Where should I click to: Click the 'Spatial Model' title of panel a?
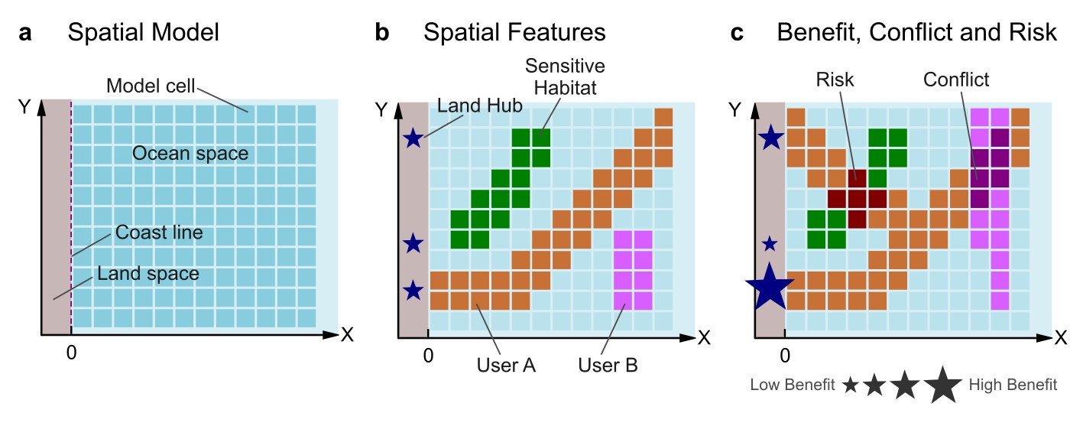pyautogui.click(x=143, y=33)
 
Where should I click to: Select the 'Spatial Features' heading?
pyautogui.click(x=514, y=33)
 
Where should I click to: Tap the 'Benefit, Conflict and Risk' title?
pyautogui.click(x=916, y=33)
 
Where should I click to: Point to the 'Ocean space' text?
pyautogui.click(x=190, y=153)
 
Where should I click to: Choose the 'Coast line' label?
pyautogui.click(x=159, y=232)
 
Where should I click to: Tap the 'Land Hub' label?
pyautogui.click(x=480, y=106)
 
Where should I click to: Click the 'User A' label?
pyautogui.click(x=506, y=365)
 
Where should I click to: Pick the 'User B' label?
pyautogui.click(x=608, y=365)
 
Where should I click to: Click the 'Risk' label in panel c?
pyautogui.click(x=835, y=79)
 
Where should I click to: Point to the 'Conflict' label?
pyautogui.click(x=956, y=79)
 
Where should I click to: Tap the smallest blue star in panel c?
pyautogui.click(x=770, y=244)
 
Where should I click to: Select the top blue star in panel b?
pyautogui.click(x=413, y=138)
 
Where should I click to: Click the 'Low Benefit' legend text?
pyautogui.click(x=792, y=385)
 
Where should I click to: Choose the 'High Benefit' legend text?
pyautogui.click(x=1013, y=385)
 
